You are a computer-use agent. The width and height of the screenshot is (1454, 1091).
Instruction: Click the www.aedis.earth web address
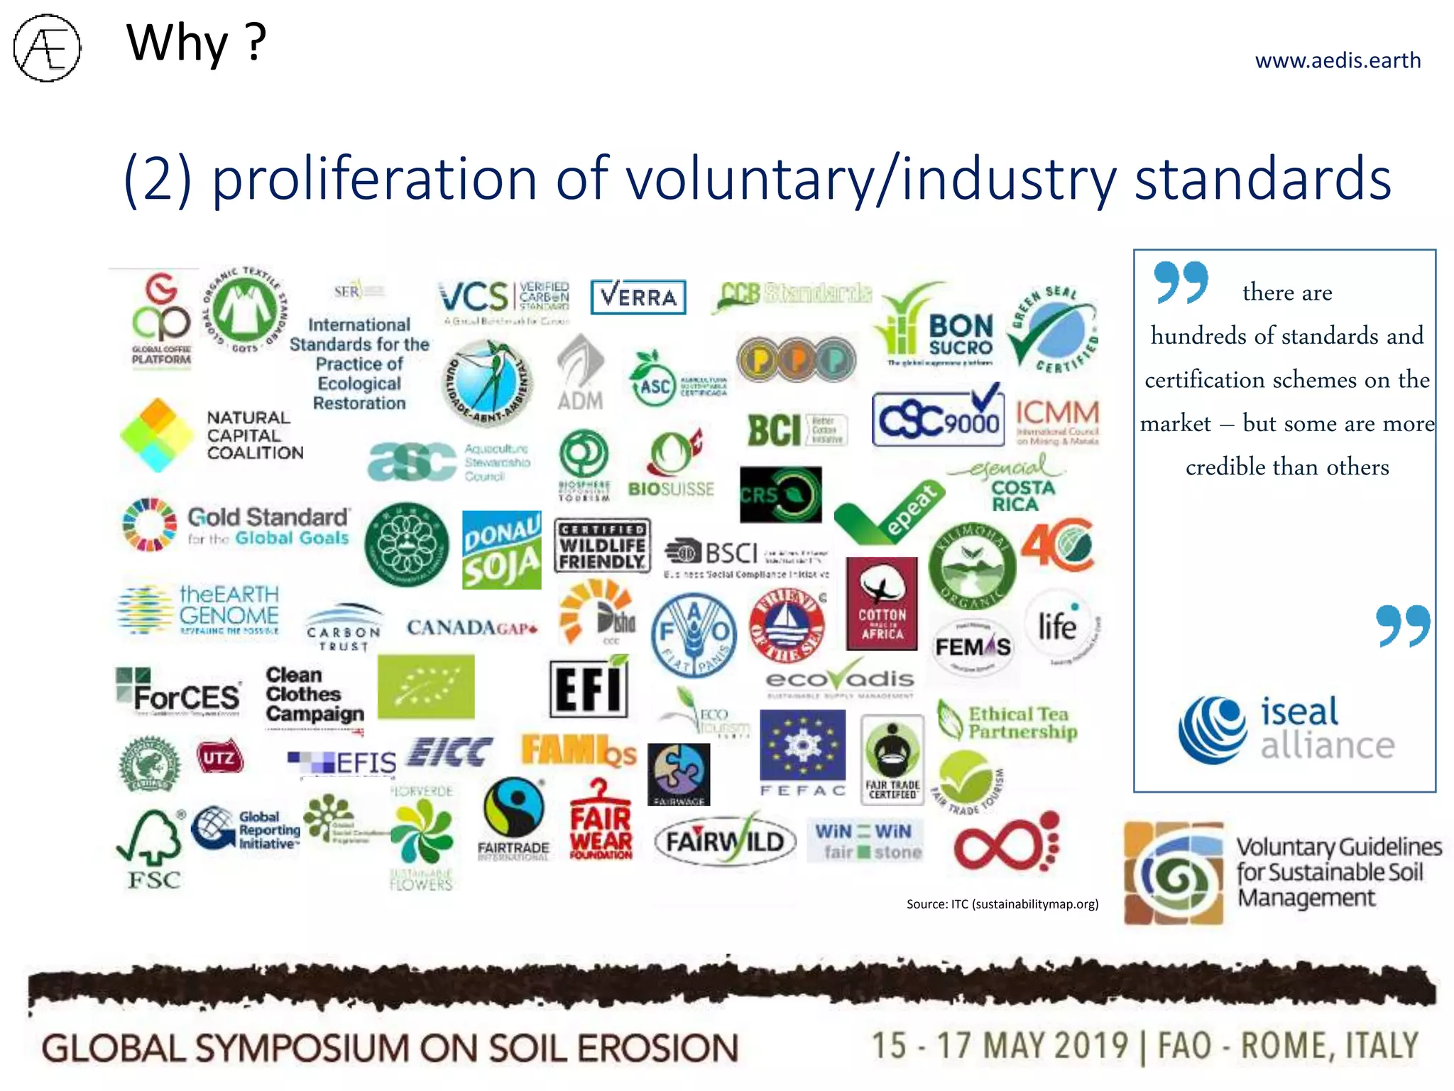pyautogui.click(x=1338, y=60)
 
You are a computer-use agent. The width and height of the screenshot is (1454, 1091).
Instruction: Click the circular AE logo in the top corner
pyautogui.click(x=47, y=48)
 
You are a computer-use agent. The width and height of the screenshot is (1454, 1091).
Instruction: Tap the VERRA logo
pyautogui.click(x=638, y=297)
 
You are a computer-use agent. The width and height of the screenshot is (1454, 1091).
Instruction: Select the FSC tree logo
pyautogui.click(x=153, y=849)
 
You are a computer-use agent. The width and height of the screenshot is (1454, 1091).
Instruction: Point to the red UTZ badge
pyautogui.click(x=219, y=758)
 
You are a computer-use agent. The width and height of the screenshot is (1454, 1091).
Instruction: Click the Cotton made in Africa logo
pyautogui.click(x=882, y=604)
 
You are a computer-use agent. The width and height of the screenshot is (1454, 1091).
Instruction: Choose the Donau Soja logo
pyautogui.click(x=501, y=550)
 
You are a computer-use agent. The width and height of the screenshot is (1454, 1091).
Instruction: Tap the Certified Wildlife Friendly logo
pyautogui.click(x=601, y=545)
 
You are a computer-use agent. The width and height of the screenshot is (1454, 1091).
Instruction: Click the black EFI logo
pyautogui.click(x=589, y=688)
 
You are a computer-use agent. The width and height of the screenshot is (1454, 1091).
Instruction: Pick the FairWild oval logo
pyautogui.click(x=724, y=842)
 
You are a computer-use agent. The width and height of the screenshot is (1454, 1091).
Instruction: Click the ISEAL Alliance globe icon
pyautogui.click(x=1213, y=729)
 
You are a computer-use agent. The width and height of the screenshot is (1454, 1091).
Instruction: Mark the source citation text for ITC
pyautogui.click(x=1002, y=904)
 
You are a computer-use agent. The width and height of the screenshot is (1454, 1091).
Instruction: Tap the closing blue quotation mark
pyautogui.click(x=1403, y=626)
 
